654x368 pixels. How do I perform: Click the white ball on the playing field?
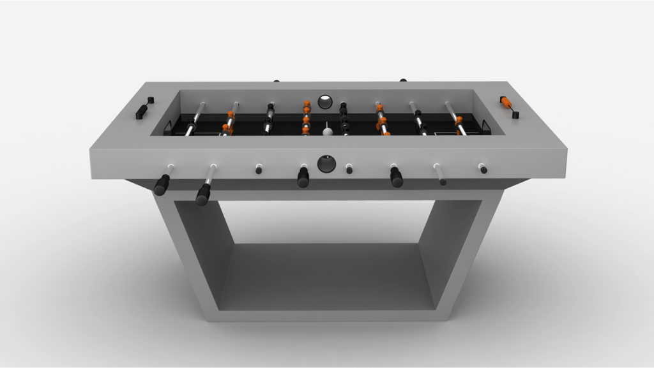coord(328,131)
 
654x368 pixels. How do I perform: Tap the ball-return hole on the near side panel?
coord(326,163)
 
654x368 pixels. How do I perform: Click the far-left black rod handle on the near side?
coord(161,185)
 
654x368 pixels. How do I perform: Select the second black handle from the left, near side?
coord(203,193)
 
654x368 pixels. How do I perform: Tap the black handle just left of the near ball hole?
coord(303,178)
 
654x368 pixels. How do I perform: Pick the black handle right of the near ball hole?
coord(396,178)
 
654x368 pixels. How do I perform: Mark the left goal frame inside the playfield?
coord(172,128)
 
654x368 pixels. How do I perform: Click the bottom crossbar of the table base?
coord(326,311)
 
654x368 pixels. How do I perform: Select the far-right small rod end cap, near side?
coord(482,169)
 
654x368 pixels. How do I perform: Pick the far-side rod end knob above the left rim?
coord(276,81)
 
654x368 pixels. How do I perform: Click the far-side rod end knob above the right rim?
coord(403,80)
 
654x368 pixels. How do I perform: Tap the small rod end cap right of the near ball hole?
coord(349,169)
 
